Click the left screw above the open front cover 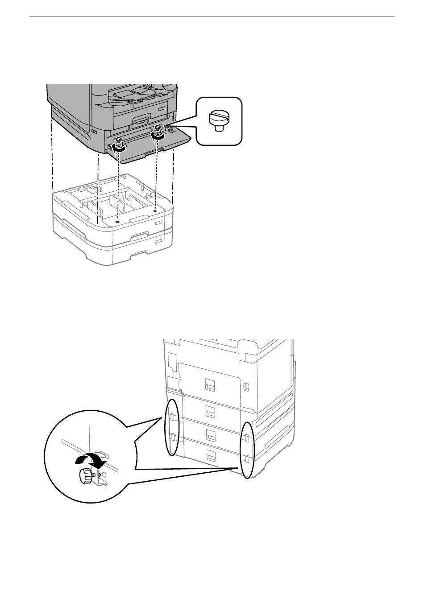coord(119,141)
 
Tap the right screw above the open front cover coord(157,129)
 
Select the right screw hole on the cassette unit coord(155,208)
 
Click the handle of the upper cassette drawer coord(141,234)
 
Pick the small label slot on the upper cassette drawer coord(158,222)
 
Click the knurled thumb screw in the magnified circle coord(85,476)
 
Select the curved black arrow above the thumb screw coord(91,460)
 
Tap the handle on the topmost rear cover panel coord(210,384)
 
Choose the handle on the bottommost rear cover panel coord(210,455)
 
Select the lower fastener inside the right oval coord(246,458)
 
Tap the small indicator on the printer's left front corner coord(94,132)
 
